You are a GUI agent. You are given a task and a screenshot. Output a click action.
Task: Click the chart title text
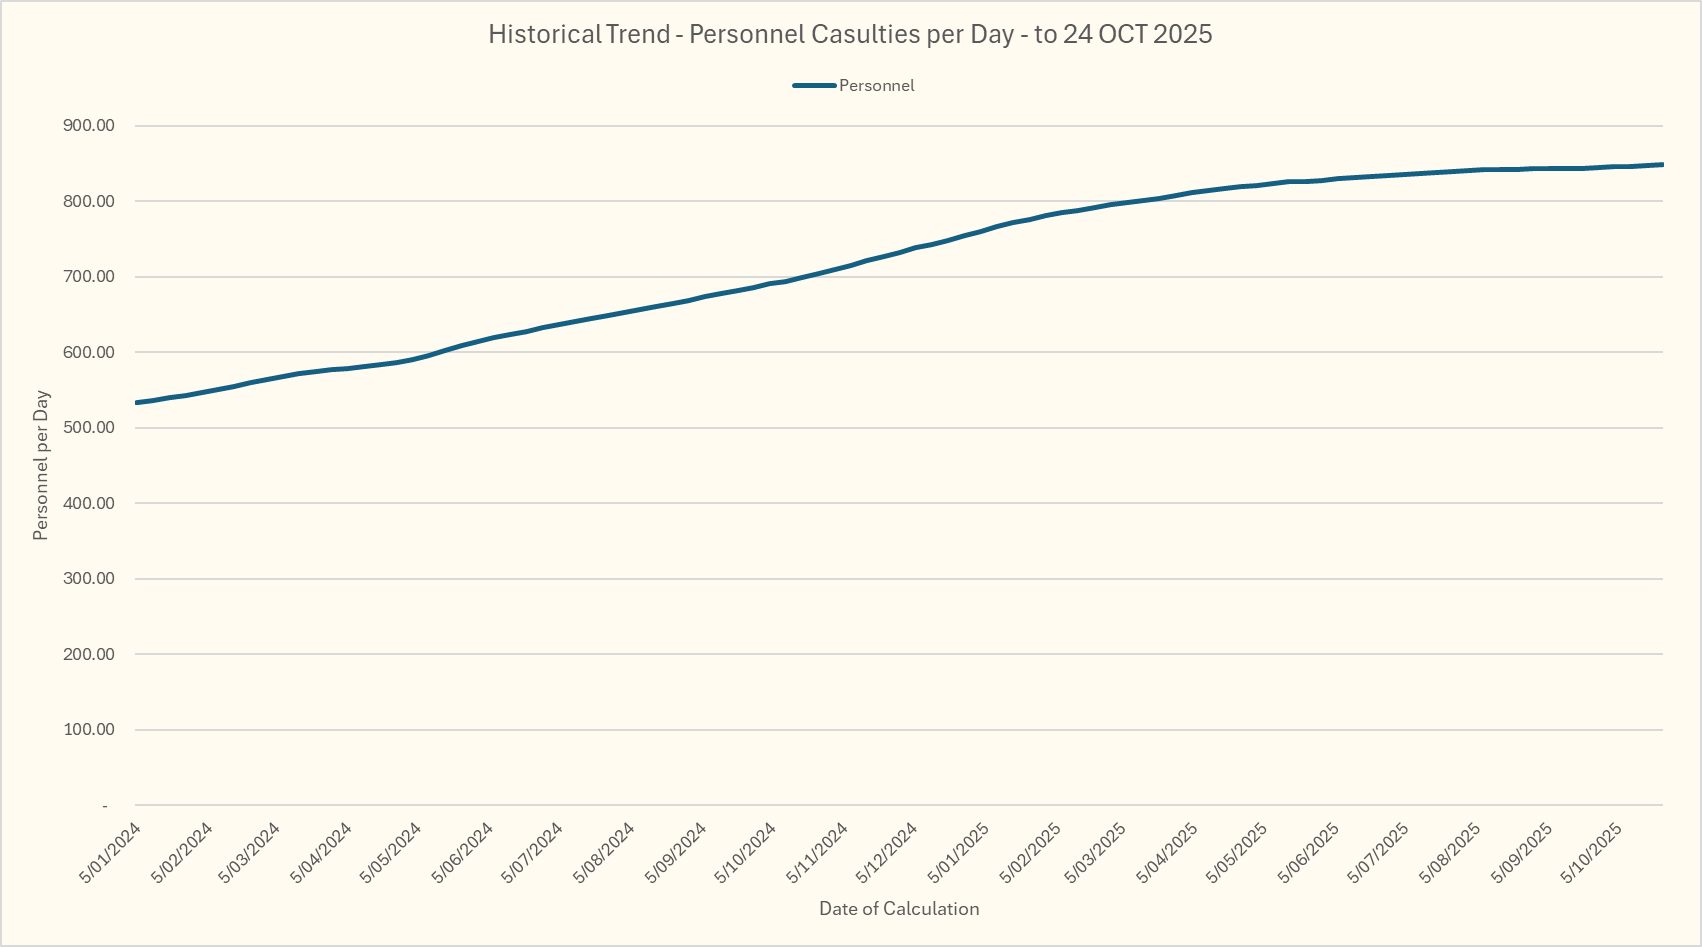point(850,34)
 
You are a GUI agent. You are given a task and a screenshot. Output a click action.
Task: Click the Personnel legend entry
point(876,86)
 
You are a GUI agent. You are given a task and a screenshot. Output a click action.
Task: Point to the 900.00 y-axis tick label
point(89,126)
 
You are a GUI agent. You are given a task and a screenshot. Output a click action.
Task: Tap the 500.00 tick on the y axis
point(89,428)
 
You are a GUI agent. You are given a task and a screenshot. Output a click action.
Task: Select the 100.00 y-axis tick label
point(89,730)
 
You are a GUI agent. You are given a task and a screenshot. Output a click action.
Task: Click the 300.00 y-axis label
point(89,579)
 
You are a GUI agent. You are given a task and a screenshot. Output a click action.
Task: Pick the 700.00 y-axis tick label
point(89,277)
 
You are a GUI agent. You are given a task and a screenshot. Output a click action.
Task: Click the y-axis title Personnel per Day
point(41,466)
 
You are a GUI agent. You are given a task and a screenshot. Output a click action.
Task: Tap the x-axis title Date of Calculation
point(899,909)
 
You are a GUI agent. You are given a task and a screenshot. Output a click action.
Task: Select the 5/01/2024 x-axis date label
point(110,853)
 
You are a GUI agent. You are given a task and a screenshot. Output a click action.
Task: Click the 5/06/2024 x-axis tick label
point(463,853)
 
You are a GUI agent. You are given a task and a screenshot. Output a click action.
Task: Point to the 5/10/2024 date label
point(746,853)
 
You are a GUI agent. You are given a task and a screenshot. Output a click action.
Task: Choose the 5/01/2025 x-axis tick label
point(959,853)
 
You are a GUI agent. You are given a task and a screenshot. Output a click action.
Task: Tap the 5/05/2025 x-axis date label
point(1237,853)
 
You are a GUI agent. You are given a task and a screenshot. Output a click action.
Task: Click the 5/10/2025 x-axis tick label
point(1591,853)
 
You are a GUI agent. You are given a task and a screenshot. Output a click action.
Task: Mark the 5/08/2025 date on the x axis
point(1450,853)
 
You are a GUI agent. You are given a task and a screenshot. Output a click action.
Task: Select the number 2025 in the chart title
point(1182,34)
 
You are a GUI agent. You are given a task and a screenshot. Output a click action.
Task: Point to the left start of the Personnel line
point(136,403)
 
